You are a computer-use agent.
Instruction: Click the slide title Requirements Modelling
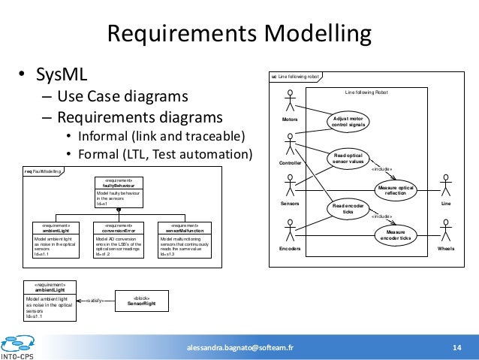(x=239, y=35)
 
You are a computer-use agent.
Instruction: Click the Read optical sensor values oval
(x=348, y=158)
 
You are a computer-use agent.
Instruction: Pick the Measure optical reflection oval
(x=395, y=190)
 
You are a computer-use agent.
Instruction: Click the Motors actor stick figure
(x=290, y=102)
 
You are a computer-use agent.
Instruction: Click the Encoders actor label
(x=290, y=248)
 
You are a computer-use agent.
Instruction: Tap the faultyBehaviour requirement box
(x=119, y=192)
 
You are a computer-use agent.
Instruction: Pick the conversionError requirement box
(x=119, y=239)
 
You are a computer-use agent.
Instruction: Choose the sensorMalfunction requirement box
(x=183, y=239)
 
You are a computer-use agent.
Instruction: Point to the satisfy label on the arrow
(x=94, y=301)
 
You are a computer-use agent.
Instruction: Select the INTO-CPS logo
(x=20, y=346)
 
